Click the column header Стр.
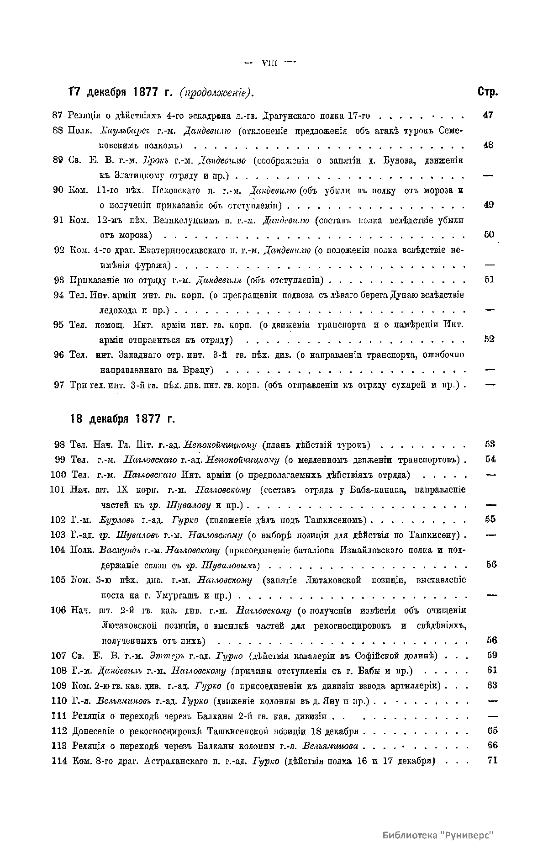point(488,91)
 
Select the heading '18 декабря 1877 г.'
point(123,418)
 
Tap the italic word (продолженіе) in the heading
point(216,92)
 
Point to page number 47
point(488,116)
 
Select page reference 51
point(489,280)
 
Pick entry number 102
point(58,519)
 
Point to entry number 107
point(58,656)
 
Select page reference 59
point(492,656)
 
